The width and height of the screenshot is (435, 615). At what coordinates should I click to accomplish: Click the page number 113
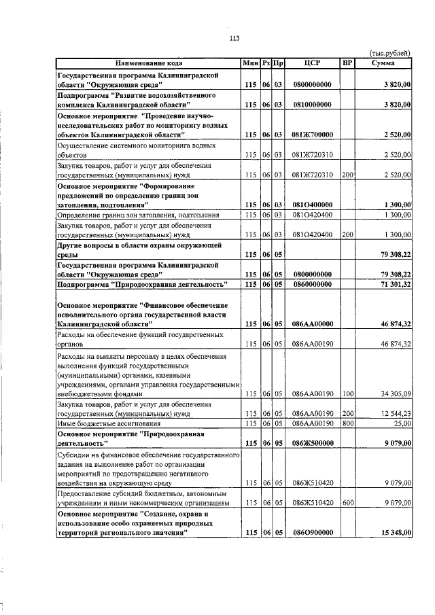pos(234,38)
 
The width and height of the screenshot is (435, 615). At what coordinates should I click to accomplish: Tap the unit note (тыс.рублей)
pos(389,53)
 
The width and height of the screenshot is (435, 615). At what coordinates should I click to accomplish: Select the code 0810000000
pos(312,105)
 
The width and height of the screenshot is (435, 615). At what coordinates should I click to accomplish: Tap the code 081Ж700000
pos(312,135)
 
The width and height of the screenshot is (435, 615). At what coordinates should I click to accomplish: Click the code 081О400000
pos(312,205)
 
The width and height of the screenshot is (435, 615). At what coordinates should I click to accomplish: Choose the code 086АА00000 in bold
pos(312,324)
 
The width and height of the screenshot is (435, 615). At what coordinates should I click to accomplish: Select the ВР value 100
pos(347,393)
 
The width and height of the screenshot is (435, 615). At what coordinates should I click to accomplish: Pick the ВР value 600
pos(347,503)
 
